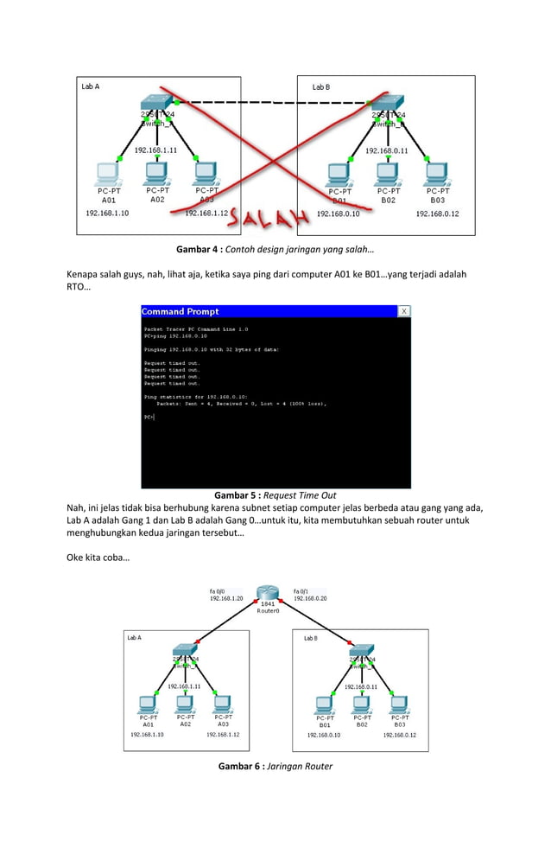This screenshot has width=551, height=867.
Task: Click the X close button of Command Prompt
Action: click(x=403, y=311)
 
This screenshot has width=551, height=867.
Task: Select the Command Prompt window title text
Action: click(x=180, y=311)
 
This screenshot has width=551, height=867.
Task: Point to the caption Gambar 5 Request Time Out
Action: click(x=275, y=495)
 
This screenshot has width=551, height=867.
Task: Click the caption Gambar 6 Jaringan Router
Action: click(x=275, y=766)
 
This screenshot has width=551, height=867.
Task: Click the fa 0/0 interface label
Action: click(x=217, y=590)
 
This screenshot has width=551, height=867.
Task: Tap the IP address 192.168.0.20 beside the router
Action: click(x=310, y=598)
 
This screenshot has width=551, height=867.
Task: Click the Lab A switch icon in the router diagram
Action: click(x=186, y=651)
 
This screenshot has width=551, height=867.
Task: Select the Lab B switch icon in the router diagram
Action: click(x=361, y=651)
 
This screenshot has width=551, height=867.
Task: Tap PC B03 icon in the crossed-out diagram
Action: click(x=436, y=172)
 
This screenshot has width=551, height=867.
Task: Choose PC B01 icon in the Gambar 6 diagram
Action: click(x=325, y=704)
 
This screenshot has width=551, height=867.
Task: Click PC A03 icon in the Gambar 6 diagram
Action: click(x=223, y=702)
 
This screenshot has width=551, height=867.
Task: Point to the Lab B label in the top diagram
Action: click(x=321, y=87)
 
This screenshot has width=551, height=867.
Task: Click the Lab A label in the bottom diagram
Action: click(x=134, y=638)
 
